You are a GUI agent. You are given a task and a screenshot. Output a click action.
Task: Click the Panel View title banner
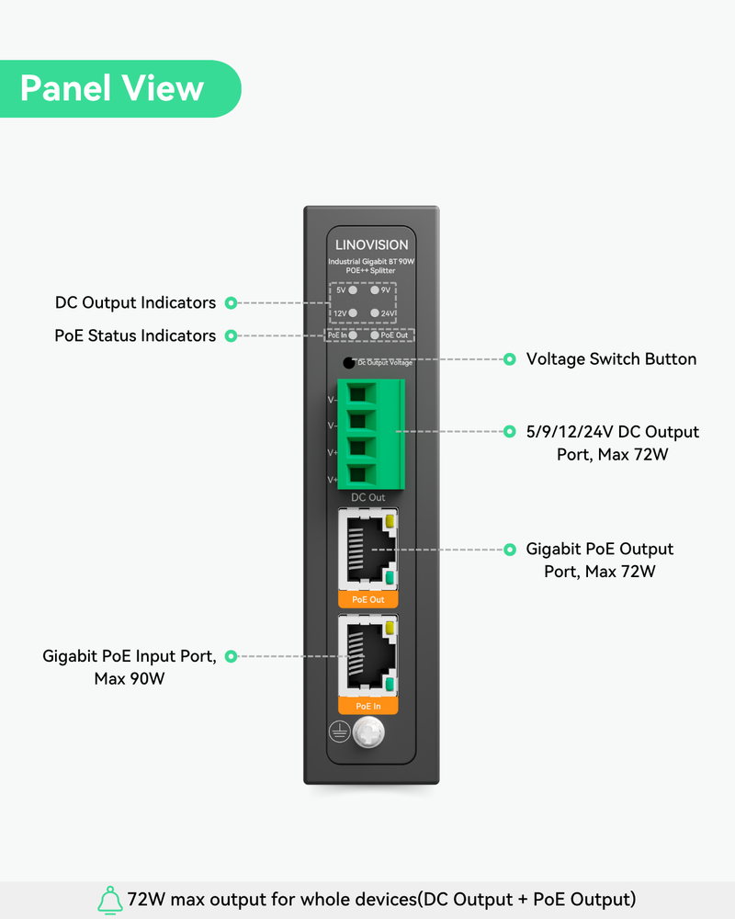pyautogui.click(x=112, y=88)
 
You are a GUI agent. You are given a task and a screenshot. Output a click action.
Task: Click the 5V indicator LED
pyautogui.click(x=353, y=289)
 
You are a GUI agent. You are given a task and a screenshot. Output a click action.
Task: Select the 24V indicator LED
pyautogui.click(x=375, y=313)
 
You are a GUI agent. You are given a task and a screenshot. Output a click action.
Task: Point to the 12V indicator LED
pyautogui.click(x=353, y=313)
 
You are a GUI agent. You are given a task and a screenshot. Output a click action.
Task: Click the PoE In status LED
pyautogui.click(x=353, y=335)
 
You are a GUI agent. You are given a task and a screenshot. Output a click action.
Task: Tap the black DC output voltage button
pyautogui.click(x=348, y=362)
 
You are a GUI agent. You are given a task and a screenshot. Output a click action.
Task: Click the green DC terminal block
pyautogui.click(x=371, y=433)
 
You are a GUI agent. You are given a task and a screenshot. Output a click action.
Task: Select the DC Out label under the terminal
pyautogui.click(x=368, y=497)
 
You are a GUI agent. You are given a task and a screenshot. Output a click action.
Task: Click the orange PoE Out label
pyautogui.click(x=368, y=599)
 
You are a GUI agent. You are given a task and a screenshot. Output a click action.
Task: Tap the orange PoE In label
pyautogui.click(x=368, y=706)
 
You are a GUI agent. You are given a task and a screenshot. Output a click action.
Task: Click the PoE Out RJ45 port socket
pyautogui.click(x=368, y=550)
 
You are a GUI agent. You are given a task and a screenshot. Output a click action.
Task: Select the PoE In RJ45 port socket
pyautogui.click(x=368, y=656)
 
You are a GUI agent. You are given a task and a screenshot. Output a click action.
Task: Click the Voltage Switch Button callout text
pyautogui.click(x=611, y=359)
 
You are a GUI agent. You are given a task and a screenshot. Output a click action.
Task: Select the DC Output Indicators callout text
pyautogui.click(x=135, y=302)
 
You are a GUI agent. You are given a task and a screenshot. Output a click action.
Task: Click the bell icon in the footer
pyautogui.click(x=110, y=899)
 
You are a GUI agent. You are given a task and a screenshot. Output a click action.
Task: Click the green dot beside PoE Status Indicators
pyautogui.click(x=232, y=336)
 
